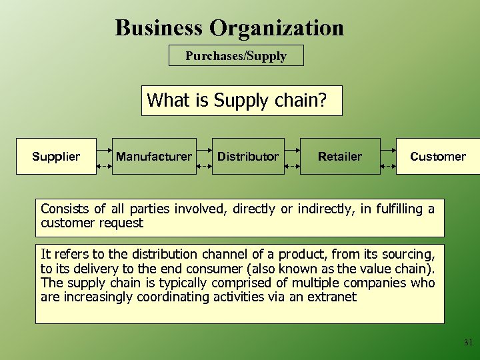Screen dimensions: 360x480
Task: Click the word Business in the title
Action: coord(159,28)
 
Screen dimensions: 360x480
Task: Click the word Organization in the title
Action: coord(277,28)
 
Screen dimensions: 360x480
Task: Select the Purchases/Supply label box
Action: coord(236,55)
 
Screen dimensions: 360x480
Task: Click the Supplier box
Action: coord(56,157)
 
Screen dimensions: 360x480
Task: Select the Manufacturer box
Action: coord(154,157)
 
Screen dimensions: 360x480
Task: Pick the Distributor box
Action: coord(248,157)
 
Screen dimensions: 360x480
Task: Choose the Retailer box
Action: coord(340,157)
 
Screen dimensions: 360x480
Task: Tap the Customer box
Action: coord(438,157)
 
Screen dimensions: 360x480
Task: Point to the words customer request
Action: coord(92,223)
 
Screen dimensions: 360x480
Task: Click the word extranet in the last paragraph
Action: coord(331,297)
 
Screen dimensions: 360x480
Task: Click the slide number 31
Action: coord(468,343)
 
